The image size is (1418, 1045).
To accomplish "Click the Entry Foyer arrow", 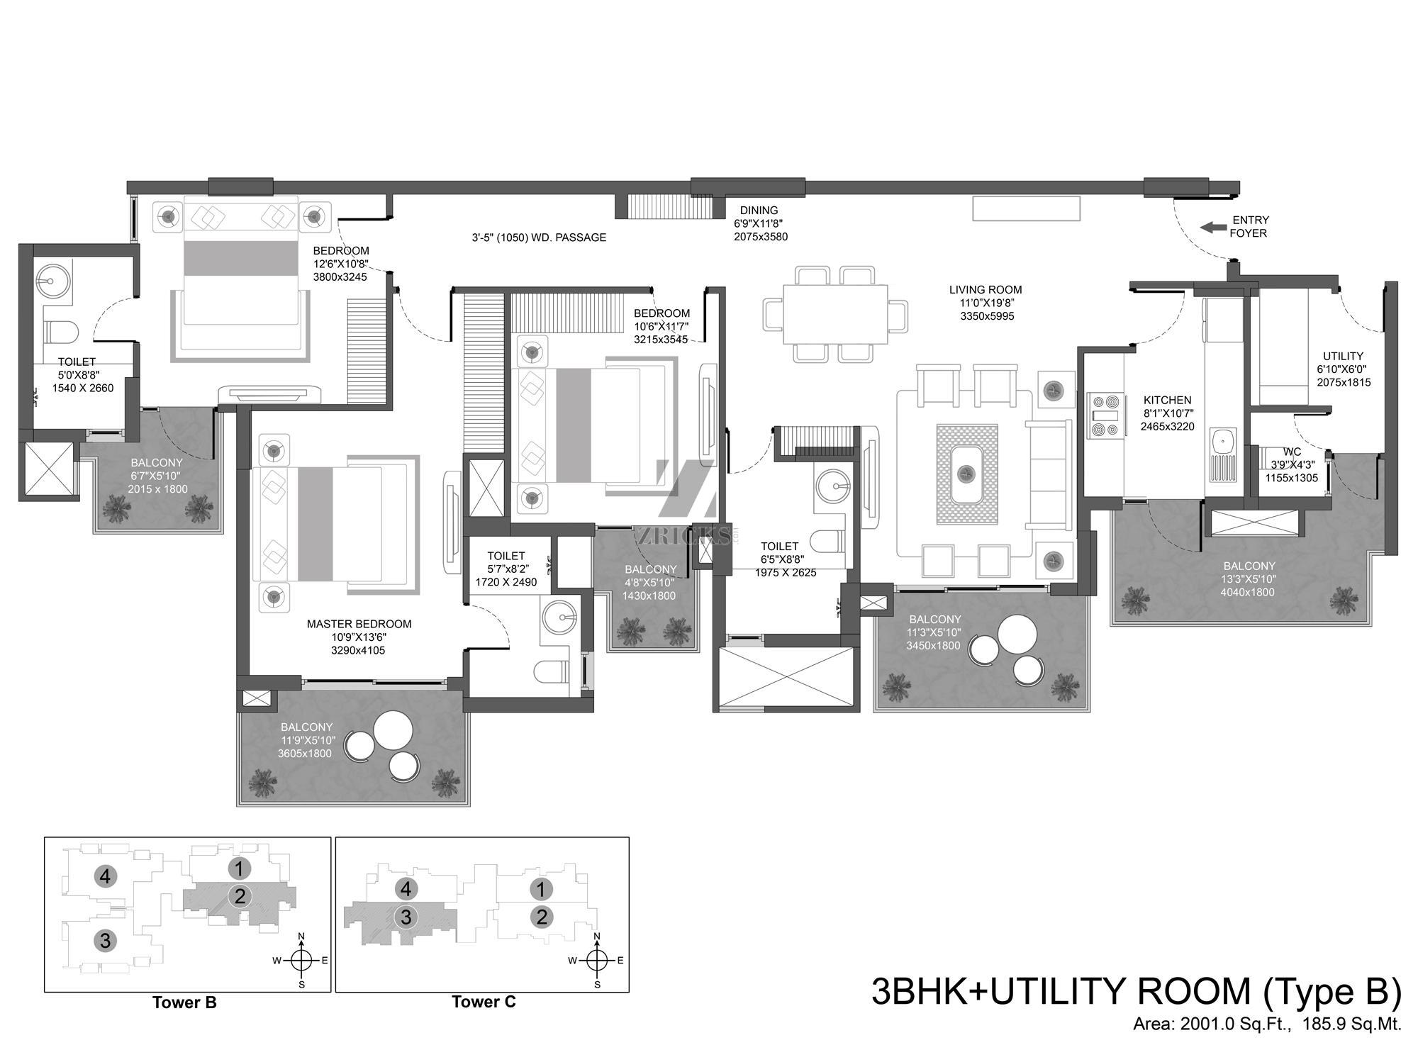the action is click(x=1213, y=228).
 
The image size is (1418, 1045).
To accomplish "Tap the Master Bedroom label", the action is click(x=359, y=624).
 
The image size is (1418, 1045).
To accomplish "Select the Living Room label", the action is click(x=986, y=289).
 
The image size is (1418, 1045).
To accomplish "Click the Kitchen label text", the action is click(x=1167, y=401).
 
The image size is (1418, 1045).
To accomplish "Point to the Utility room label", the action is click(x=1343, y=357).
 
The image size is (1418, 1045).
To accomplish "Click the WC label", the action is click(x=1292, y=452).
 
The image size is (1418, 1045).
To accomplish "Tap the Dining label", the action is click(x=759, y=211).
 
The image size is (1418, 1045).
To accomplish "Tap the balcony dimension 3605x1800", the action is click(x=305, y=754).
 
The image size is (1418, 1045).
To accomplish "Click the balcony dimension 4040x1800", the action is click(x=1247, y=592).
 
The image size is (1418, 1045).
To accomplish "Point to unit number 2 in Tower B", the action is click(x=240, y=896).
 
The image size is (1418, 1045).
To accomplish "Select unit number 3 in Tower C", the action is click(x=406, y=917).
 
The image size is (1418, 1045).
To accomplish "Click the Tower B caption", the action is click(x=184, y=1002).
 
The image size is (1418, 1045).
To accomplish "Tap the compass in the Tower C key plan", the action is click(x=597, y=961).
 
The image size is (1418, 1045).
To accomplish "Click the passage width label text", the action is click(x=539, y=238).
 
